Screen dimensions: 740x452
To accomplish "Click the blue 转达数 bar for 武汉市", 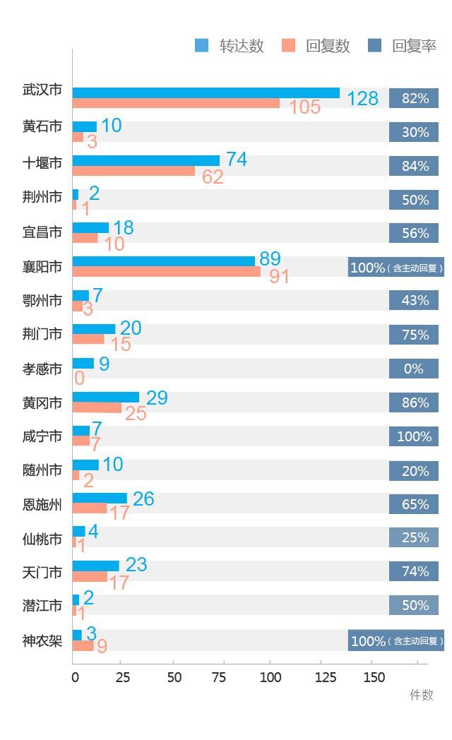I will coord(206,93).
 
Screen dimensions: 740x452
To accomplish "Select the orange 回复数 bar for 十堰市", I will coord(133,171).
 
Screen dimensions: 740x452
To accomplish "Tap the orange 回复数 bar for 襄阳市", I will coord(166,272).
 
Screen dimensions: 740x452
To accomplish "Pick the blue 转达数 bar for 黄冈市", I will coord(106,397).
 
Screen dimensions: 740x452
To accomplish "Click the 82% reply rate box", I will coord(414,98).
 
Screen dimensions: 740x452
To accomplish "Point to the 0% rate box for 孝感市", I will coord(414,369).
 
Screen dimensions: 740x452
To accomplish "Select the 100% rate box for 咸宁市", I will coord(414,436).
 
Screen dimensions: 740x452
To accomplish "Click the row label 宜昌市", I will coord(42,232).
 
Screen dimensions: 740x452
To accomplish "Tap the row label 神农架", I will coord(42,640).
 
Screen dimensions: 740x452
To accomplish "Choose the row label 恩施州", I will coord(42,504).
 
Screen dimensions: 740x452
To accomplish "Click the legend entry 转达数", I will coord(230,46).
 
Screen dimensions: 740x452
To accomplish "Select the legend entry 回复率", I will coord(403,46).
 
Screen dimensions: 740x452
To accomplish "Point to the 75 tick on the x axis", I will coord(222,677).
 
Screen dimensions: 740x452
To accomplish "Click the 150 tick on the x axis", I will coord(374,677).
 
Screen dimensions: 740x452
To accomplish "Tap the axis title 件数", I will coord(422,695).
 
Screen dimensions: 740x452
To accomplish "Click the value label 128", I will coord(363,98).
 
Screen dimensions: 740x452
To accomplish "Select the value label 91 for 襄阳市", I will coord(280,276).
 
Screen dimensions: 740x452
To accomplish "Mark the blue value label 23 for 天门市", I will coord(136,564).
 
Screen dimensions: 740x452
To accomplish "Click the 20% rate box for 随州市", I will coord(414,471).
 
